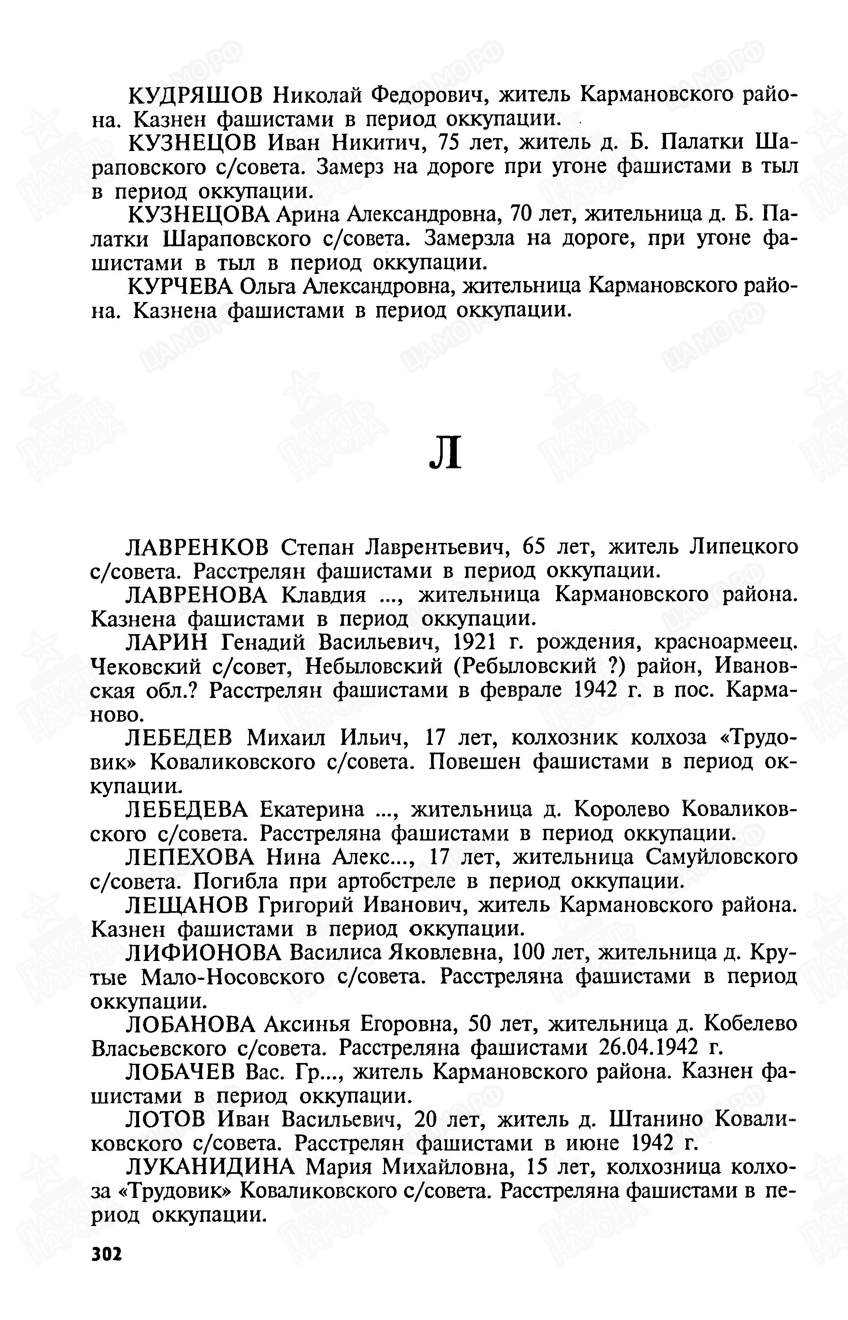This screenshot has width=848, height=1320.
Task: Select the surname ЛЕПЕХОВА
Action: tap(190, 857)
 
